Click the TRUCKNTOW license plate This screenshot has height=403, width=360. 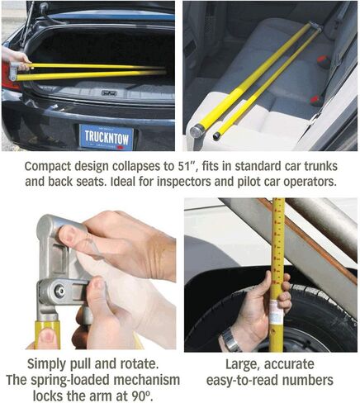[107, 137]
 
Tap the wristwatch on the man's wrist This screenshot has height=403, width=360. [231, 339]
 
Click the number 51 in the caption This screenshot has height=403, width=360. [182, 167]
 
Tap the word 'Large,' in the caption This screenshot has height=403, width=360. [243, 364]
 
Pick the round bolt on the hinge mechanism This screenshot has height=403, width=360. [59, 292]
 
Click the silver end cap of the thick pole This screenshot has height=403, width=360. [197, 131]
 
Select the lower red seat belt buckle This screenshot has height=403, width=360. [315, 100]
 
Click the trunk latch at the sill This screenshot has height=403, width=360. [109, 92]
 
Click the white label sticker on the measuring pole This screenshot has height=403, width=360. [275, 312]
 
